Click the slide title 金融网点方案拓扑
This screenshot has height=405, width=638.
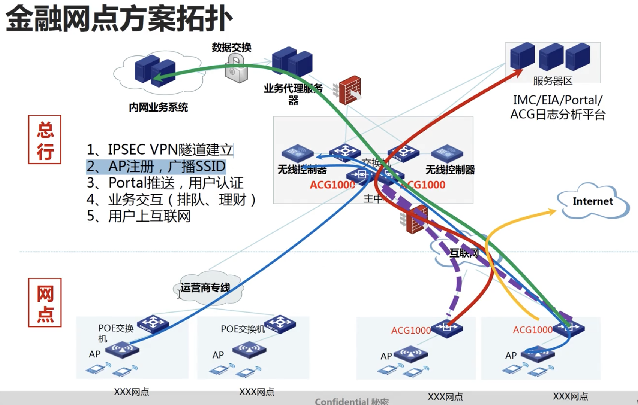click(x=119, y=19)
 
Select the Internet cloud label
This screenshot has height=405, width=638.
click(x=593, y=201)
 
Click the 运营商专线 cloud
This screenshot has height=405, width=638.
click(x=205, y=287)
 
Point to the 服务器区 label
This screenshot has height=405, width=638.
click(x=553, y=81)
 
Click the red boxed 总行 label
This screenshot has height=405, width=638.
click(x=45, y=140)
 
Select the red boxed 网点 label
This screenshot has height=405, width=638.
click(x=45, y=303)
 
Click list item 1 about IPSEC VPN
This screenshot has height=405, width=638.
click(x=160, y=150)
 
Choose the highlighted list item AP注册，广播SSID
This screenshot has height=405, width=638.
click(x=156, y=166)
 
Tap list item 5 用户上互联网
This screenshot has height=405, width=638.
click(x=139, y=216)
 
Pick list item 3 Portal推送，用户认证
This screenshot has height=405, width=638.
click(x=165, y=183)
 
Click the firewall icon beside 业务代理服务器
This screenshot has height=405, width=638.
click(x=350, y=90)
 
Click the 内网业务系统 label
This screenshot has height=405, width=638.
click(x=158, y=107)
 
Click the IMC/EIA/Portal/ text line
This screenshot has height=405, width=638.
click(x=557, y=100)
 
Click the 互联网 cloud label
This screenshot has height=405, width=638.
click(x=464, y=253)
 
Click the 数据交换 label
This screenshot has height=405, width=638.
click(x=231, y=48)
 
